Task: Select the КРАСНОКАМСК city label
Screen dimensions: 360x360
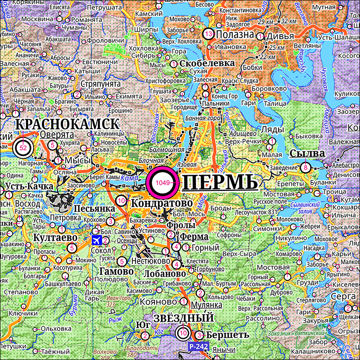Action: point(67,124)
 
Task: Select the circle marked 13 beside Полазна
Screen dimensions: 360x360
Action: point(208,34)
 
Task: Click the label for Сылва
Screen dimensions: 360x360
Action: point(307,153)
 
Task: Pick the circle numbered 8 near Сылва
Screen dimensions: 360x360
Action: point(306,167)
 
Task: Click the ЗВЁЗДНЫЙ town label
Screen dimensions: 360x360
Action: point(183,318)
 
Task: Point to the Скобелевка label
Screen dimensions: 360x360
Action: point(207,63)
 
